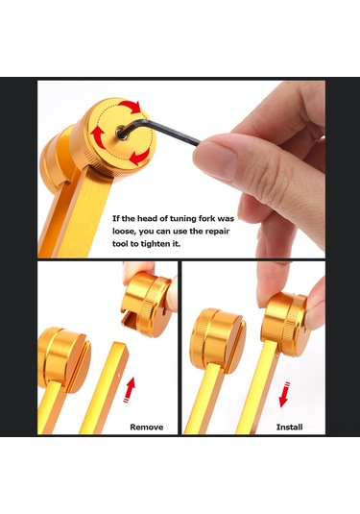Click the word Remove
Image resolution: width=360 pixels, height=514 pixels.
tap(147, 428)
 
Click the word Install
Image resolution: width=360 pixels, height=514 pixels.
tap(289, 428)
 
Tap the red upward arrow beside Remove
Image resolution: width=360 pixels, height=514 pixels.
tap(130, 389)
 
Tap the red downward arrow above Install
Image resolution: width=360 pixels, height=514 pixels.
tap(284, 395)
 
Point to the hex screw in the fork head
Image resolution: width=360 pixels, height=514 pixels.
tap(121, 134)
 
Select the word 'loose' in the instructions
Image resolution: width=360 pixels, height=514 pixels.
tap(124, 232)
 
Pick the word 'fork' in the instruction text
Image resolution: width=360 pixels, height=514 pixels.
tap(207, 219)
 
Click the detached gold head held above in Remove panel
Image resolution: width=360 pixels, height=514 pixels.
tap(147, 305)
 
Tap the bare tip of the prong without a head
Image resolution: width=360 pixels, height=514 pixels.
tap(120, 346)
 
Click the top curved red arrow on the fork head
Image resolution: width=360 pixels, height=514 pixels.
tap(130, 107)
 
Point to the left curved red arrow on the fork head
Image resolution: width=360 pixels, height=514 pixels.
tap(98, 135)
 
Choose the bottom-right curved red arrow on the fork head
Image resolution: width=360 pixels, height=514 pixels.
tap(140, 157)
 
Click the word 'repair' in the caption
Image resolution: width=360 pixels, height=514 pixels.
tap(217, 232)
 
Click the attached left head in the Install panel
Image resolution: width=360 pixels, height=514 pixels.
tap(218, 340)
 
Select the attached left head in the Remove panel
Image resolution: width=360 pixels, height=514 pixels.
tap(64, 358)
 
